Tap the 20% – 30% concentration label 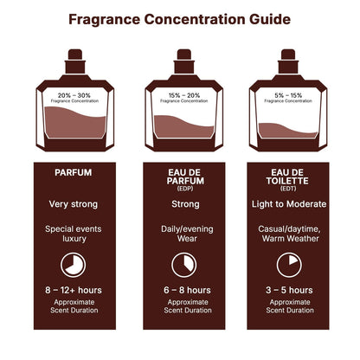pyautogui.click(x=74, y=93)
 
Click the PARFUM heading pyautogui.click(x=73, y=172)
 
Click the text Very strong pyautogui.click(x=73, y=204)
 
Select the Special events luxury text pyautogui.click(x=73, y=235)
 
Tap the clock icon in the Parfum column pyautogui.click(x=74, y=265)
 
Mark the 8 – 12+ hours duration pyautogui.click(x=73, y=291)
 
